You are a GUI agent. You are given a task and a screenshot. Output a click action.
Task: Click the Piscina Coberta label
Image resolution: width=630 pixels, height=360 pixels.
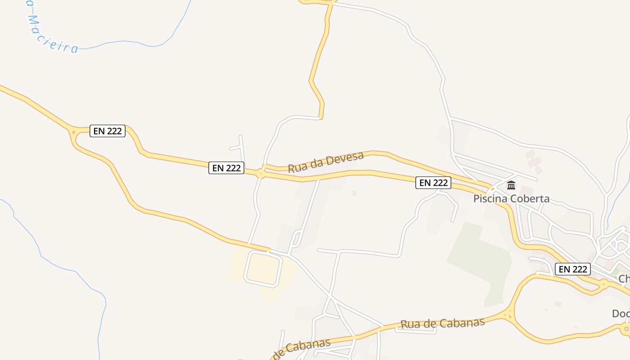(x=511, y=198)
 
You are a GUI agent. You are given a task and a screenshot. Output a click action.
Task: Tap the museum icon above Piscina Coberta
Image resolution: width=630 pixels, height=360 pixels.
(x=511, y=185)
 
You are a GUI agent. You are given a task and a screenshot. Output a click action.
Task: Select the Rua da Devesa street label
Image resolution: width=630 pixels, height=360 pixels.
(x=325, y=162)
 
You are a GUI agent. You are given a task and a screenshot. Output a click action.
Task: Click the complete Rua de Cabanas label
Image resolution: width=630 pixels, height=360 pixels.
(x=442, y=323)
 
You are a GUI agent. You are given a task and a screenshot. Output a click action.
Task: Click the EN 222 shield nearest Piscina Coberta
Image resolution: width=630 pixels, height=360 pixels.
(x=433, y=182)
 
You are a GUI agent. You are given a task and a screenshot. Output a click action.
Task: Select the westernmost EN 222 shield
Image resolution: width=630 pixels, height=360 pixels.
(x=108, y=131)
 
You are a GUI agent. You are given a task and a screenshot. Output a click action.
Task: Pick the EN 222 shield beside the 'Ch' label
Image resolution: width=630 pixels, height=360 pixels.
(x=572, y=269)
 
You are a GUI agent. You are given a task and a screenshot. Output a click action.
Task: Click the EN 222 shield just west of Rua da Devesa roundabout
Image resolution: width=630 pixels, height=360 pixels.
(x=226, y=168)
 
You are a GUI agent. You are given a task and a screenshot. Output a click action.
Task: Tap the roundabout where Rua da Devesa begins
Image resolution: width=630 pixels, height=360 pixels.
(x=261, y=173)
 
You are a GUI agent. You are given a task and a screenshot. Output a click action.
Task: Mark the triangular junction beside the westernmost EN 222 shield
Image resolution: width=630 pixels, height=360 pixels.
(x=73, y=132)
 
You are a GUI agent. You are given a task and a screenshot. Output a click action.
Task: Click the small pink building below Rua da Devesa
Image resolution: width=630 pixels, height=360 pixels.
(x=354, y=193)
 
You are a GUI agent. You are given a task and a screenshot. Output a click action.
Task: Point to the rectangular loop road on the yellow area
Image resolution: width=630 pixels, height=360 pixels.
(x=263, y=269)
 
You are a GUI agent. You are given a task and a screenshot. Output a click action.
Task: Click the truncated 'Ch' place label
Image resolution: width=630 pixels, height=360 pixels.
(x=624, y=279)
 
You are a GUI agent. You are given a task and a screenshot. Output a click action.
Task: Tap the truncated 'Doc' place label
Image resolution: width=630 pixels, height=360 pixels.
(x=621, y=314)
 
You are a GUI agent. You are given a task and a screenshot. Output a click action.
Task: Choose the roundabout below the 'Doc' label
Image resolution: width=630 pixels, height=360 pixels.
(x=626, y=329)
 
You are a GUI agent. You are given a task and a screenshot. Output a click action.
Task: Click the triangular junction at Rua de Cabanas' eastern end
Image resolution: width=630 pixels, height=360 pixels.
(x=509, y=315)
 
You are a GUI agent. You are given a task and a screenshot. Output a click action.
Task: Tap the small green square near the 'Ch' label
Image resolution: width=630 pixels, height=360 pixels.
(x=615, y=272)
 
